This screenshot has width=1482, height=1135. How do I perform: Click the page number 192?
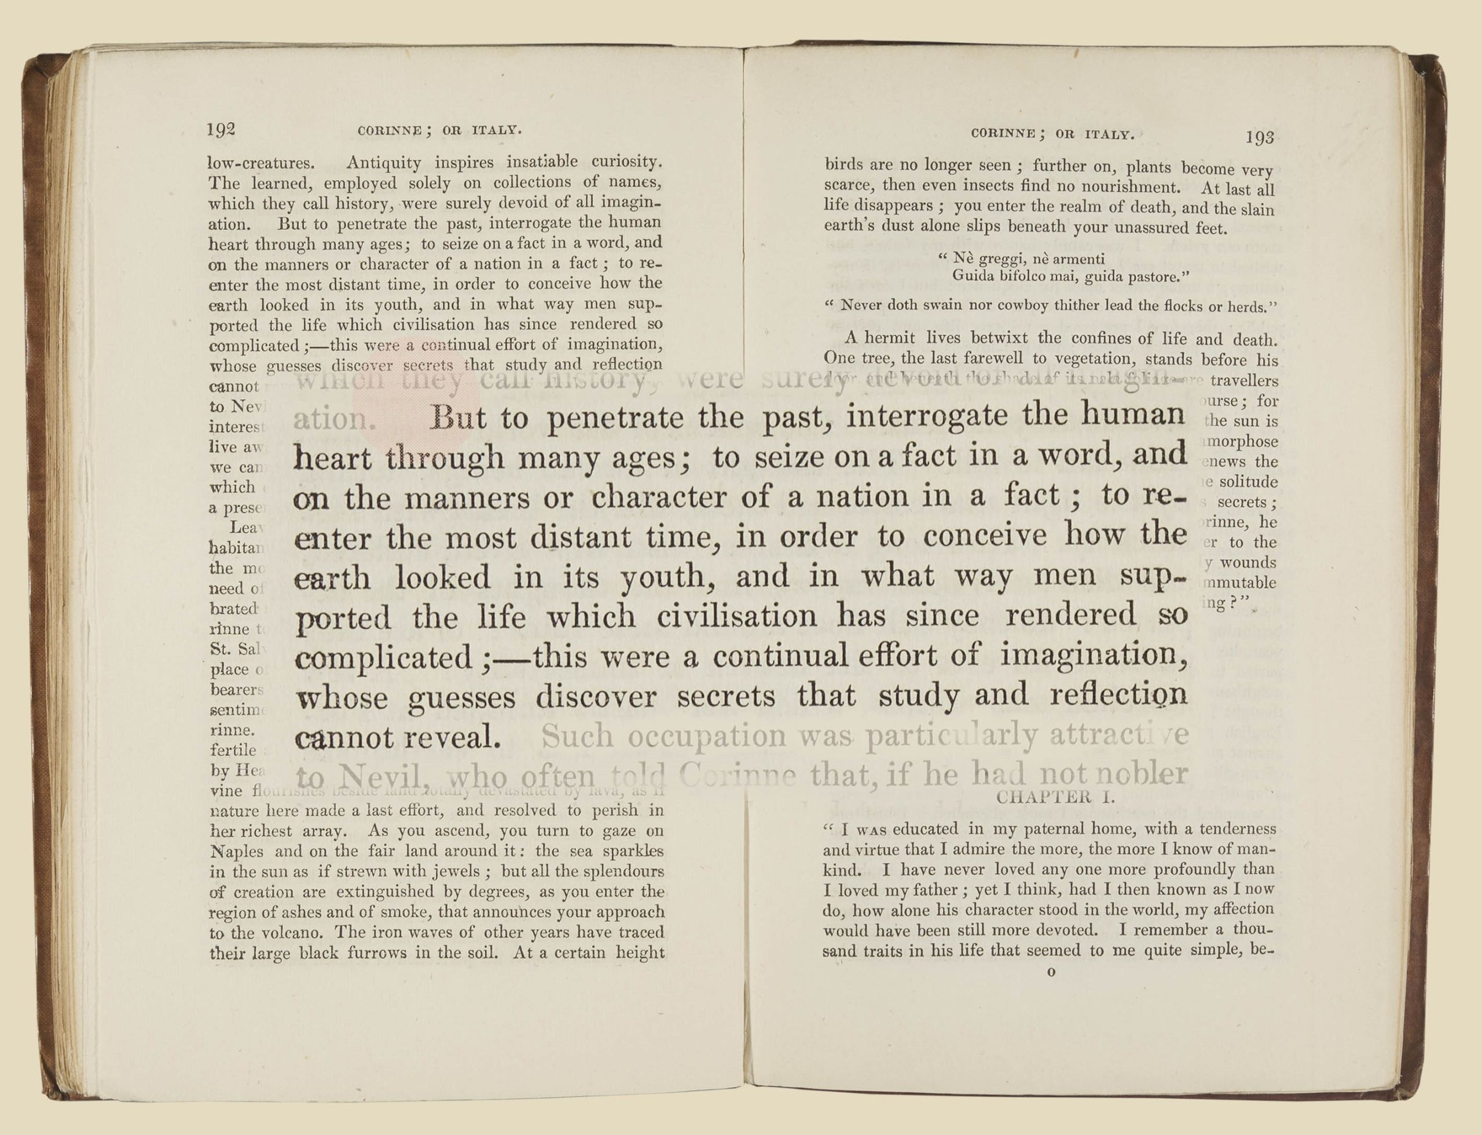pyautogui.click(x=221, y=129)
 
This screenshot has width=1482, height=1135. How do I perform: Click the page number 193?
pyautogui.click(x=1260, y=138)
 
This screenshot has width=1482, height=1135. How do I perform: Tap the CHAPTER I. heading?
pyautogui.click(x=1055, y=797)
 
